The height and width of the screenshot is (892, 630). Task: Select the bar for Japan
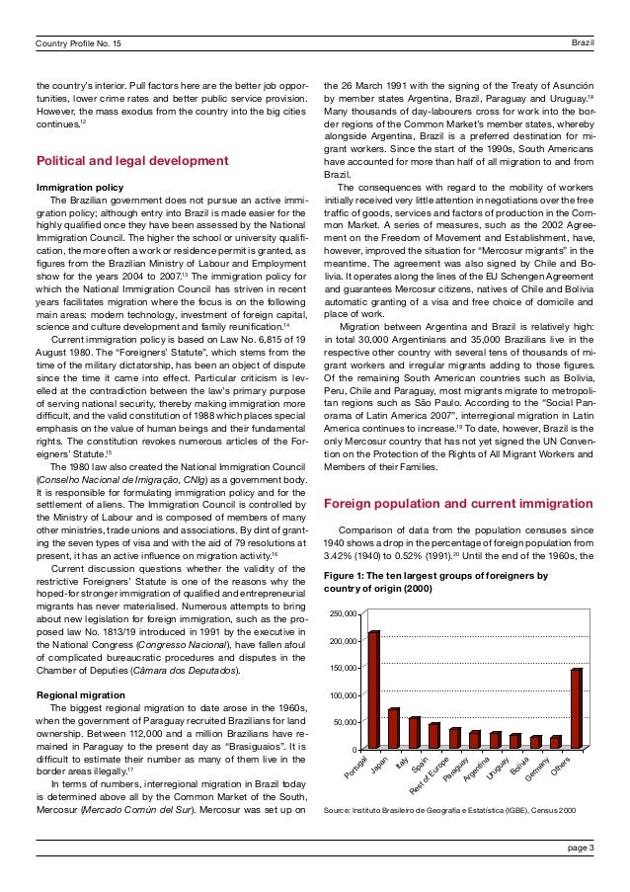pyautogui.click(x=394, y=728)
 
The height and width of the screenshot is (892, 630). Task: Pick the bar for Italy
pyautogui.click(x=414, y=732)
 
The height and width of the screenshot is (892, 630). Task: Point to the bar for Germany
pyautogui.click(x=556, y=742)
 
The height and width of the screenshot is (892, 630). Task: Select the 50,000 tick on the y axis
pyautogui.click(x=345, y=722)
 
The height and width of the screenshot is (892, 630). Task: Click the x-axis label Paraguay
pyautogui.click(x=456, y=769)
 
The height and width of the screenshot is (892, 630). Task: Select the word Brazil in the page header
pyautogui.click(x=583, y=16)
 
